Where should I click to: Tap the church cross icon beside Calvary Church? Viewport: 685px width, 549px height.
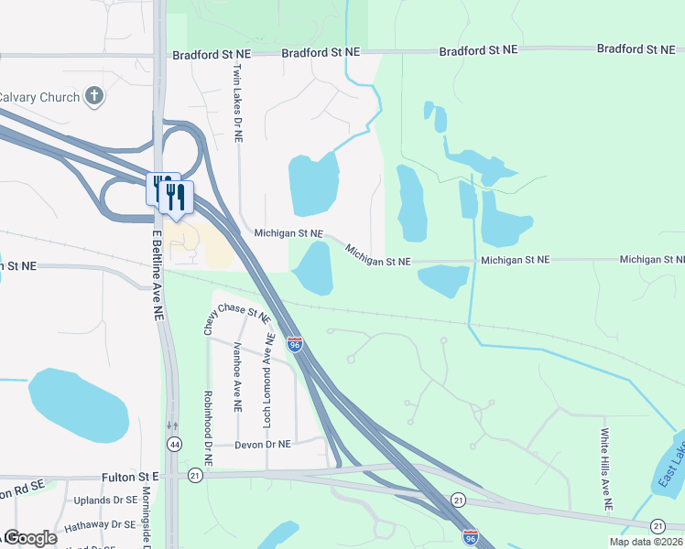point(92,95)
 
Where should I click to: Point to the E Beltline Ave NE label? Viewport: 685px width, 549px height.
point(158,273)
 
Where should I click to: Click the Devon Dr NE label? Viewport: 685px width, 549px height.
point(262,444)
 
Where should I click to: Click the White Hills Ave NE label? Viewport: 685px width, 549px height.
point(605,469)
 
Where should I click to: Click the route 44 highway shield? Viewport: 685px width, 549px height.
point(173,444)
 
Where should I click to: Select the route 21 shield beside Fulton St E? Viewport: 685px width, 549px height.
point(194,476)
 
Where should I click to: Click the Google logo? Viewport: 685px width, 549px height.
point(30,538)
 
